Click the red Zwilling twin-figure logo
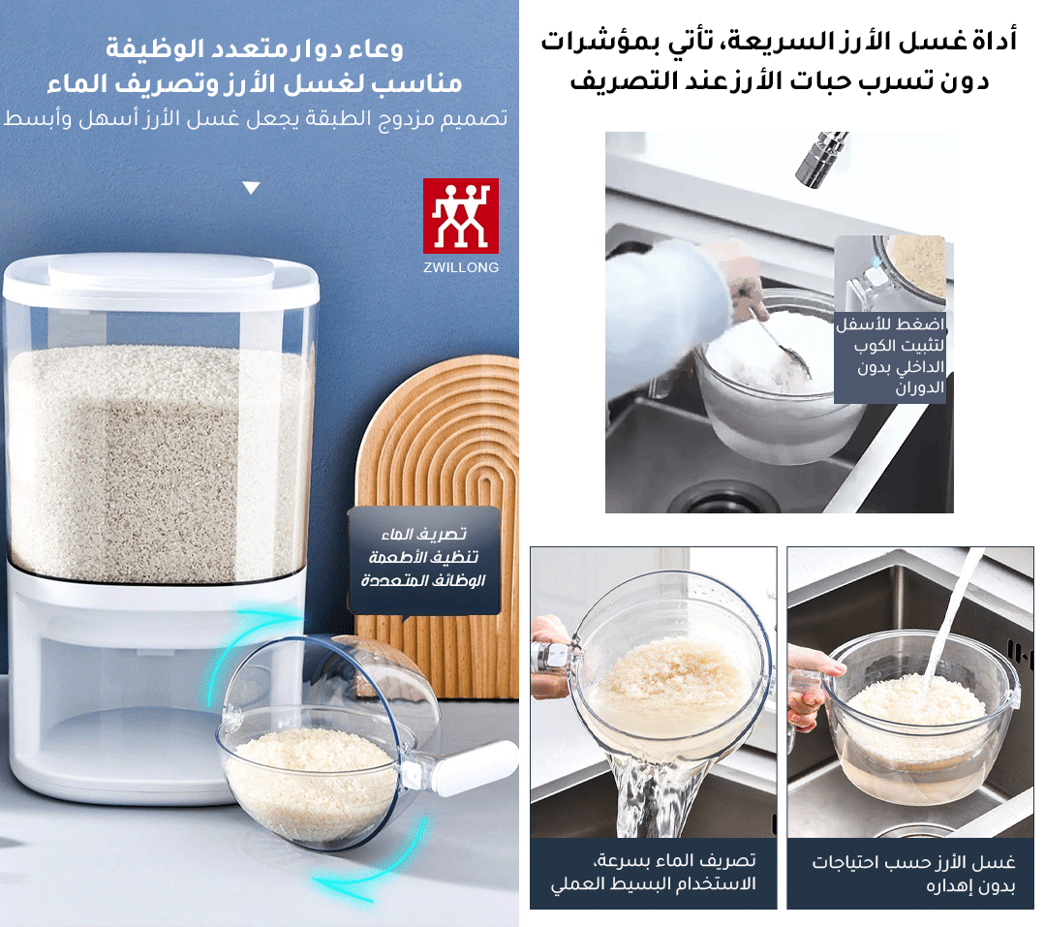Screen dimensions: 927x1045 pos(461,214)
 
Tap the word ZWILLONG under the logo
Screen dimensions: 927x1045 pos(461,266)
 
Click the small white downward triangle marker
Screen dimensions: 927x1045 pos(252,188)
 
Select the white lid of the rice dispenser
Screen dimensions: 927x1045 pos(161,275)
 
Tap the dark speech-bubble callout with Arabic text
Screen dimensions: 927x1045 pos(424,560)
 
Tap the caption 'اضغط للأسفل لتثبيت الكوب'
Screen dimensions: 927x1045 pos(890,355)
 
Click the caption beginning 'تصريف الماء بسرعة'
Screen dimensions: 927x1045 pos(654,873)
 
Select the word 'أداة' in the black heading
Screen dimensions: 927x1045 pos(993,42)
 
